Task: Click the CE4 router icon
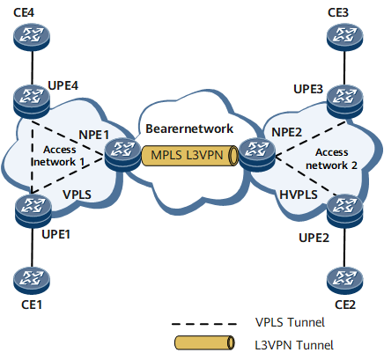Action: pos(32,36)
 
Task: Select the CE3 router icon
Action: pos(345,36)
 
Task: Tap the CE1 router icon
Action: pos(32,280)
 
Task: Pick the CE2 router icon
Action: pos(345,280)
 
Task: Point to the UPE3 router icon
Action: pos(345,102)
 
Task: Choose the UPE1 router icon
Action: pos(33,211)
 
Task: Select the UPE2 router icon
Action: pos(345,211)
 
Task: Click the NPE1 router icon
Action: pos(122,155)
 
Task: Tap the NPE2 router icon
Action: pos(257,155)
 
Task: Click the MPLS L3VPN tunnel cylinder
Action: pos(190,156)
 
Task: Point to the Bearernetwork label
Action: pos(189,129)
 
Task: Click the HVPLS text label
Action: pos(299,195)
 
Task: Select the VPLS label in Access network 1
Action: pos(77,195)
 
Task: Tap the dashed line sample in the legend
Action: pos(204,324)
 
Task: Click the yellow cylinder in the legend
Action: pos(204,343)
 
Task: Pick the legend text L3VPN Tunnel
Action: pos(294,345)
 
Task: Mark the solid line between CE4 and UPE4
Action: pos(32,68)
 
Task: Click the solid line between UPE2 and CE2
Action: pos(345,247)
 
